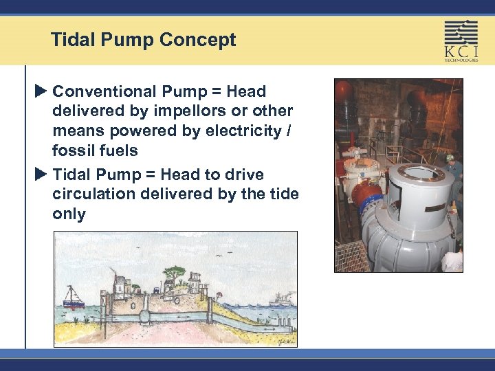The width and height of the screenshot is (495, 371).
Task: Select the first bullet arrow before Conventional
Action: coord(43,91)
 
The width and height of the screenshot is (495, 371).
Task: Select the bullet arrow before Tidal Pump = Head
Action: coord(43,175)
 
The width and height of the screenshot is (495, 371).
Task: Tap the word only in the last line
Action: coord(69,214)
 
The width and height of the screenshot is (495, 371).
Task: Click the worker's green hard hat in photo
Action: coord(450,157)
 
